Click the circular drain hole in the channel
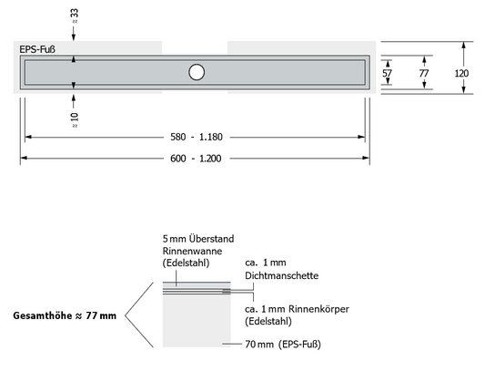[x=197, y=72]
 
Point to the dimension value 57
[x=387, y=71]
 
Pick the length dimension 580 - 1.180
[x=196, y=137]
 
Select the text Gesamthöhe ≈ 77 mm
[x=65, y=316]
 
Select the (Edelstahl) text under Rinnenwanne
[x=187, y=263]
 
